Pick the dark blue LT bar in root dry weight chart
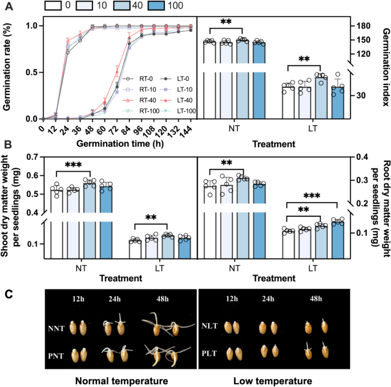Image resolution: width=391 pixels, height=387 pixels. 338,240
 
